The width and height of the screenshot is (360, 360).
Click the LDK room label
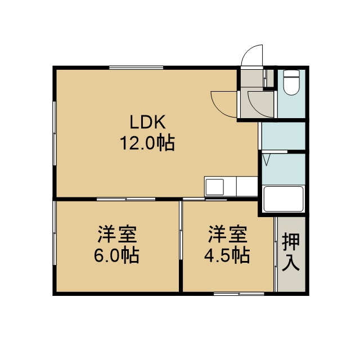pos(147,121)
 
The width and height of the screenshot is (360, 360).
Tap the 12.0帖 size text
pos(147,143)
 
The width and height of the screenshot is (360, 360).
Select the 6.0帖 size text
pos(116,255)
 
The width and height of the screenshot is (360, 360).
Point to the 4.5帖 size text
pos(227,255)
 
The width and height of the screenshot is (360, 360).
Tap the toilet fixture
pos(291,83)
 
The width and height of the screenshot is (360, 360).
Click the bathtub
pos(283,199)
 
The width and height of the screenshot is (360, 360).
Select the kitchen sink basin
pos(215,187)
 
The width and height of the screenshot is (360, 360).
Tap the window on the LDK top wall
pos(136,67)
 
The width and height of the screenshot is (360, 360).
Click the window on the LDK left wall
pos(55,133)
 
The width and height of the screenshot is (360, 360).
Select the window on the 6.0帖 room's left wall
pos(55,233)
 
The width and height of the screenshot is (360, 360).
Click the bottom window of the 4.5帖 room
pos(239,294)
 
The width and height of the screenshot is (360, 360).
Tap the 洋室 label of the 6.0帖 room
pos(117,234)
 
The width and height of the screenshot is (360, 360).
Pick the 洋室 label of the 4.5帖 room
pos(227,234)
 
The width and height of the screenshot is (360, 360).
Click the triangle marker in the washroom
pos(266,160)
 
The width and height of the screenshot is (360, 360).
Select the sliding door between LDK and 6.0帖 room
pos(126,199)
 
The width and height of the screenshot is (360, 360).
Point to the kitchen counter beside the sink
pos(247,186)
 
